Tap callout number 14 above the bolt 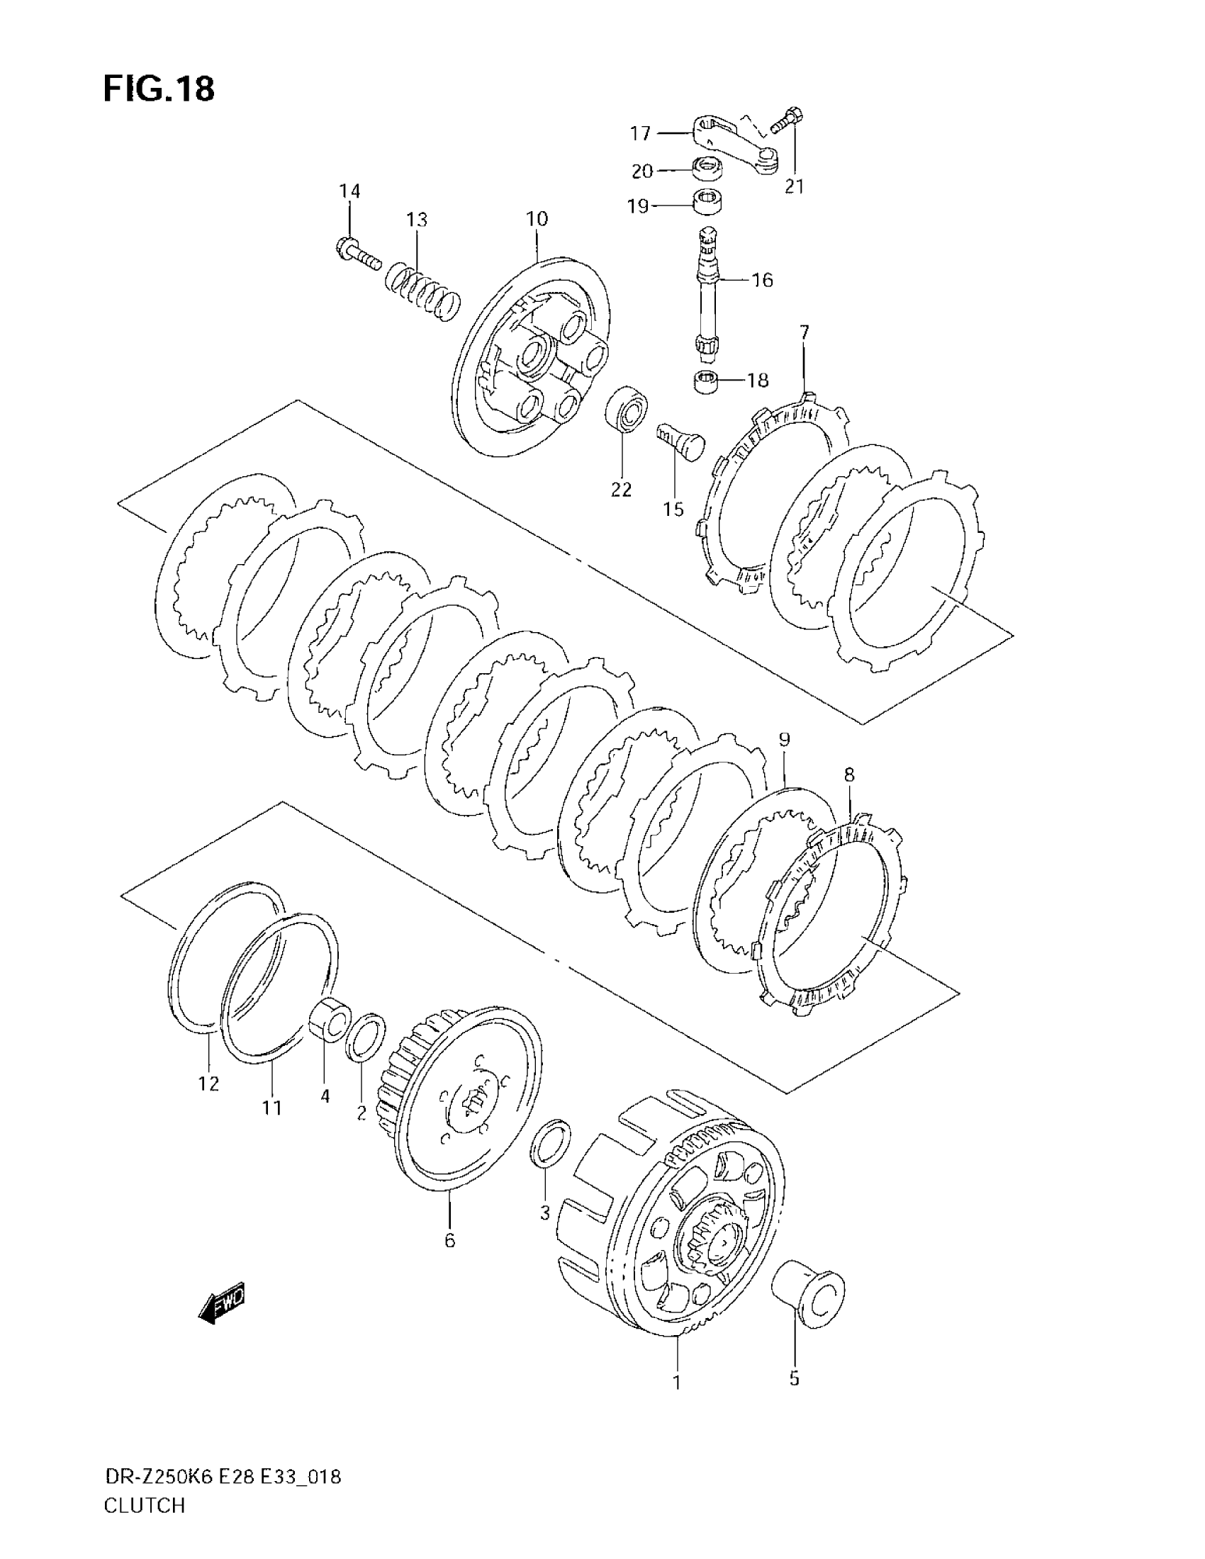tap(349, 191)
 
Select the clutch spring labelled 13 tap(422, 290)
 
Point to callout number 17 tap(640, 133)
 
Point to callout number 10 tap(537, 218)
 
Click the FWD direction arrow tap(223, 1305)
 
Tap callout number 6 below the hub tap(449, 1240)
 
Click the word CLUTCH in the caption tap(144, 1526)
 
